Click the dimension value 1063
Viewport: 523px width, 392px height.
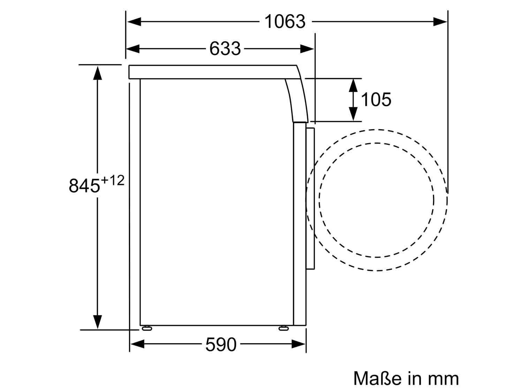[x=285, y=22]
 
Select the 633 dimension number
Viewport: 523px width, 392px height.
[x=225, y=49]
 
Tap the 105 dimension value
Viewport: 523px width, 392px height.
[x=376, y=99]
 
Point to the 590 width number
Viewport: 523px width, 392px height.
[x=221, y=344]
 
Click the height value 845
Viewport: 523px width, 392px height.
[x=84, y=185]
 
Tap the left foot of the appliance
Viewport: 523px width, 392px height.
[x=147, y=329]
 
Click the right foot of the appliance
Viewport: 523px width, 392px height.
[x=283, y=329]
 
